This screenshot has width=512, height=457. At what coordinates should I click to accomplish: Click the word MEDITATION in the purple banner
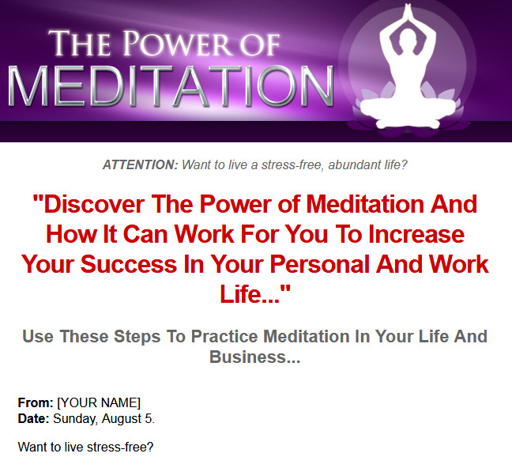pos(171,86)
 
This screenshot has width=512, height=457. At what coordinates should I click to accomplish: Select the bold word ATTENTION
pos(141,165)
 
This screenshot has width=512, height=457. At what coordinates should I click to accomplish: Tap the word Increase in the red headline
pos(416,235)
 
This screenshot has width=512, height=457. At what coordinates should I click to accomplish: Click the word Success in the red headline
pos(129,264)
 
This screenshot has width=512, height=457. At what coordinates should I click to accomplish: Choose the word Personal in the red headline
pos(320,264)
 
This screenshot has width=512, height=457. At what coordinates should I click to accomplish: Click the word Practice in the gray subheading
pos(224,337)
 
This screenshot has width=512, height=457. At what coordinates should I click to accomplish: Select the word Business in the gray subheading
pos(254,357)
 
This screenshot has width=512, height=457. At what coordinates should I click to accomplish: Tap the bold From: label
pos(36,402)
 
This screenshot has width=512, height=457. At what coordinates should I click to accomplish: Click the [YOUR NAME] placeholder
pos(99,402)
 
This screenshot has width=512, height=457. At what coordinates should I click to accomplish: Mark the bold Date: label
pos(33,418)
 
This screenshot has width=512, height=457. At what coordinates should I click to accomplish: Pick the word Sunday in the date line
pos(75,419)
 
